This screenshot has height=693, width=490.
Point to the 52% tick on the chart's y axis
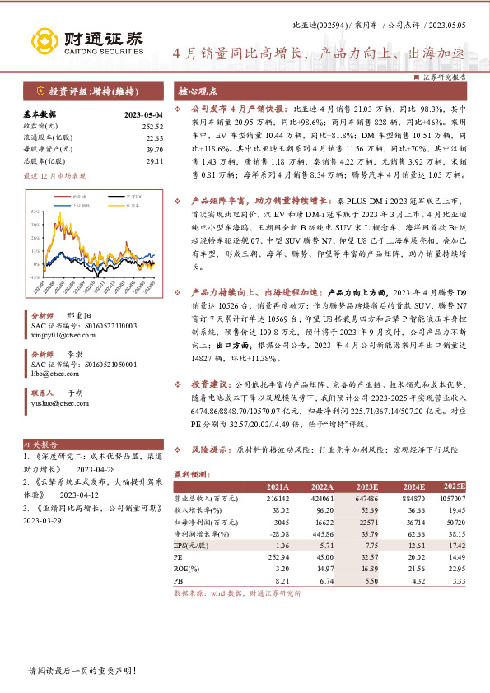36,212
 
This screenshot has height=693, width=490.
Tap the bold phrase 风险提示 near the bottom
212,451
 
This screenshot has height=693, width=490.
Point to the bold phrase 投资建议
212,384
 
